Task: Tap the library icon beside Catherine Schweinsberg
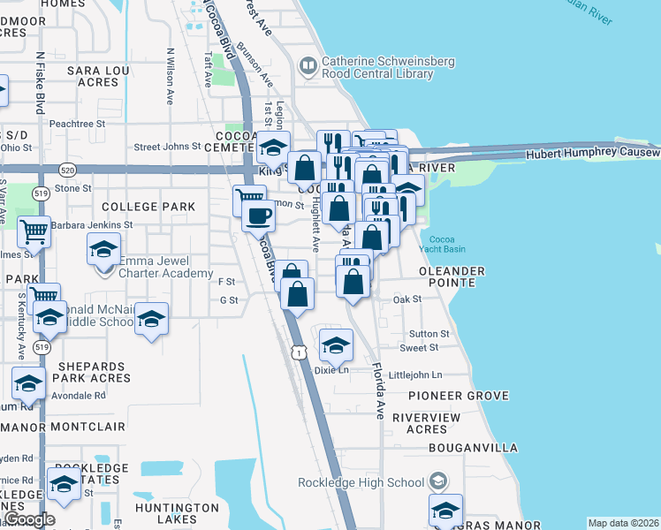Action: (308, 64)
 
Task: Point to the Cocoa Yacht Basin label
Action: (442, 245)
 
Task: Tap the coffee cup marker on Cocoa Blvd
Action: (258, 216)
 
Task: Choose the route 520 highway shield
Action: (66, 168)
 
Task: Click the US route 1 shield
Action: (300, 352)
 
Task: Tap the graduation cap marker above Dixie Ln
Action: (335, 345)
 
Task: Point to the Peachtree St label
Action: (77, 124)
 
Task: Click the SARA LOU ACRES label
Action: (86, 75)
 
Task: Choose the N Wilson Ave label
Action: (171, 75)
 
